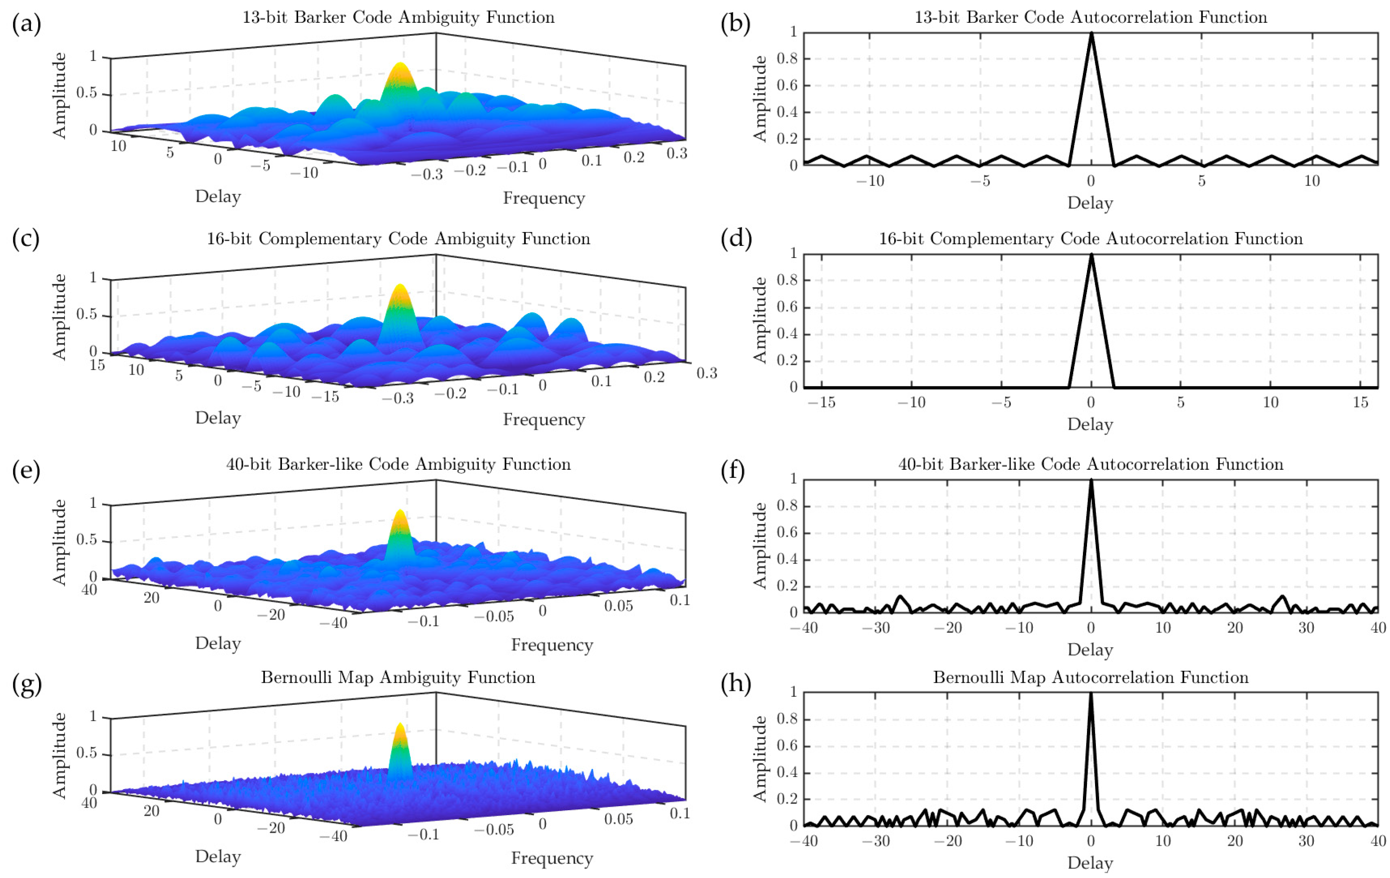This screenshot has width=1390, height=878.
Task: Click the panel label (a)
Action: (x=26, y=24)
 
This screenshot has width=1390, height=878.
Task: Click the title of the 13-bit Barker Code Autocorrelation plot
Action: (x=1091, y=17)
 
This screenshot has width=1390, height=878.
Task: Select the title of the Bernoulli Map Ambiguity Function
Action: (x=398, y=677)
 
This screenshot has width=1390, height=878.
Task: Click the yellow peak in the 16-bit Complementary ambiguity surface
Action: (x=399, y=289)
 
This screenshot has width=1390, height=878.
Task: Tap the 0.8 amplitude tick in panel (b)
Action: (x=787, y=58)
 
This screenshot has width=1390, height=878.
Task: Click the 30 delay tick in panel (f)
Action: (x=1306, y=628)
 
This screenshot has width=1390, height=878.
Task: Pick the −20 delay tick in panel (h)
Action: (x=947, y=841)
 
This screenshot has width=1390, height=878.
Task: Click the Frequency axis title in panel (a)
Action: (x=544, y=198)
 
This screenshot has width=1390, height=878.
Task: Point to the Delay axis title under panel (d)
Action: (x=1090, y=424)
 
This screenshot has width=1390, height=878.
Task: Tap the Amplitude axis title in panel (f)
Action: (x=760, y=546)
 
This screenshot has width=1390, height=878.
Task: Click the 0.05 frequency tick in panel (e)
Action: (x=618, y=606)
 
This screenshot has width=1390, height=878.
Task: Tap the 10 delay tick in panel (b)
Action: (x=1312, y=181)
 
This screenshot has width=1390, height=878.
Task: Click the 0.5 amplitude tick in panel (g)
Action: (x=87, y=753)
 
